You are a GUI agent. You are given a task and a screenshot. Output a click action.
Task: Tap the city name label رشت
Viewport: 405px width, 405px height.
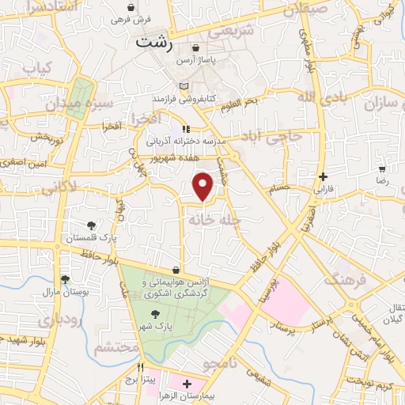tap(154, 44)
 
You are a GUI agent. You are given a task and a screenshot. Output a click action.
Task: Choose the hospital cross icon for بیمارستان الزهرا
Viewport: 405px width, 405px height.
tap(187, 384)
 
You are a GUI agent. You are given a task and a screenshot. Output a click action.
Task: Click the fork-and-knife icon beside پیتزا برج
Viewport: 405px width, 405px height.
tap(141, 368)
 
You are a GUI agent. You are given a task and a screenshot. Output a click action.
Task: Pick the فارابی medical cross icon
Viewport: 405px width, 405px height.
tap(322, 177)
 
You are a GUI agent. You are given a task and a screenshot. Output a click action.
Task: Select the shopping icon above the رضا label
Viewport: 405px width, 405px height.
tap(382, 169)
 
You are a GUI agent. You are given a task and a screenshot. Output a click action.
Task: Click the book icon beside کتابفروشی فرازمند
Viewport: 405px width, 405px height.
tap(184, 85)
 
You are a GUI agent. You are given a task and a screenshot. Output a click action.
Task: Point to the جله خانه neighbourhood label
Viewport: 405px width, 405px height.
tap(211, 220)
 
